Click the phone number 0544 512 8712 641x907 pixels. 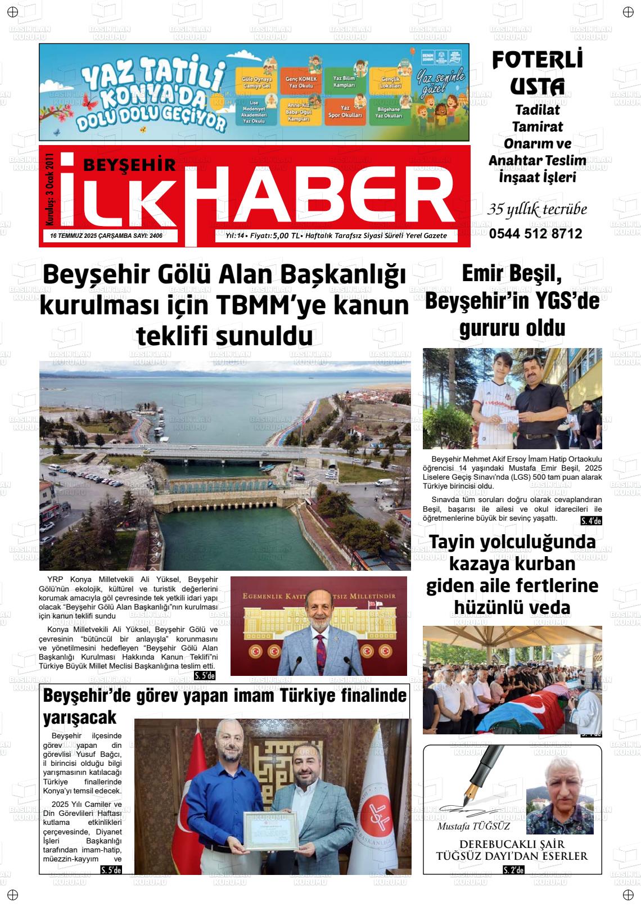pyautogui.click(x=535, y=234)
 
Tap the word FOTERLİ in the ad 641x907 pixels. pyautogui.click(x=537, y=60)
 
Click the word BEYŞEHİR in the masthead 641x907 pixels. pyautogui.click(x=129, y=164)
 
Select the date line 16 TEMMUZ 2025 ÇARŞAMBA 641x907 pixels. pyautogui.click(x=90, y=236)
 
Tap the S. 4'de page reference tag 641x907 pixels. pyautogui.click(x=591, y=521)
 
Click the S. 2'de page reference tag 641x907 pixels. pyautogui.click(x=513, y=870)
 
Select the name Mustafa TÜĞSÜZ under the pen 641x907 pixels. pyautogui.click(x=466, y=827)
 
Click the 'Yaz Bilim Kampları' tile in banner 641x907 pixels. pyautogui.click(x=344, y=82)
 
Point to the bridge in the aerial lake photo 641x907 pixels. pyautogui.click(x=225, y=452)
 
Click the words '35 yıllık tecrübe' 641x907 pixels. pyautogui.click(x=537, y=210)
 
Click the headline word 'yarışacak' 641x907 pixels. pyautogui.click(x=80, y=718)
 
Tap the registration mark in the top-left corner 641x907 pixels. pyautogui.click(x=13, y=12)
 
